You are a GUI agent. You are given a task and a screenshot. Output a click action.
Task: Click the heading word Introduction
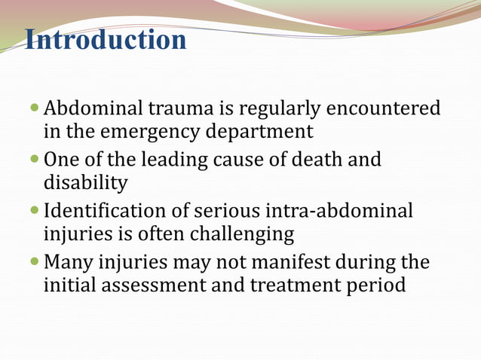pyautogui.click(x=106, y=39)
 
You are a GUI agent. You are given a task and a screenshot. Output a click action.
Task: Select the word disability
pyautogui.click(x=85, y=183)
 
